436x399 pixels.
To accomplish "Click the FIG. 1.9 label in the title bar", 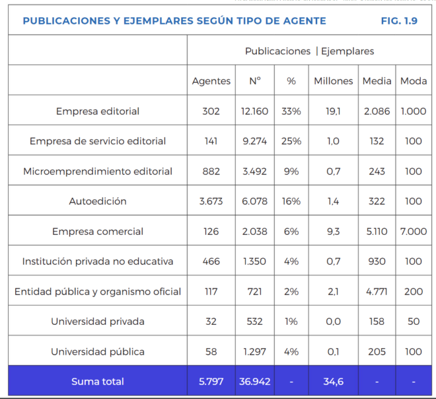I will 399,21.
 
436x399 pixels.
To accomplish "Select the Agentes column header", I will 211,81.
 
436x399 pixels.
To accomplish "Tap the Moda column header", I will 414,81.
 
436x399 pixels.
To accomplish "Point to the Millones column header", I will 334,81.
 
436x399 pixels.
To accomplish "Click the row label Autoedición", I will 98,201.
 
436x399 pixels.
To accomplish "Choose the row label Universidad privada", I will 98,322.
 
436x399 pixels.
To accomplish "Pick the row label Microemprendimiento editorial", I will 98,171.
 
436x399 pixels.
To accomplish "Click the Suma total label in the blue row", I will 98,381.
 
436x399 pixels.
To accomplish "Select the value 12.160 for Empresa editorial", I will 255,111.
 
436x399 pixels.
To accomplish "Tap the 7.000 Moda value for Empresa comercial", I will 414,232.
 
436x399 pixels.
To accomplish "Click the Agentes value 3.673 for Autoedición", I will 211,201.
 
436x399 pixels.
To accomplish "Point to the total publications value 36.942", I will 255,381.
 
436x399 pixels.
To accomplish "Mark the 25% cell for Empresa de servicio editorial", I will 291,141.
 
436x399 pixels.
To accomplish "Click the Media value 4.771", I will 377,291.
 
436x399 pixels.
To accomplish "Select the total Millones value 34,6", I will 334,381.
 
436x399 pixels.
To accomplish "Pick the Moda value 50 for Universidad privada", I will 414,322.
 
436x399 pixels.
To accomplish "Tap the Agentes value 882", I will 211,171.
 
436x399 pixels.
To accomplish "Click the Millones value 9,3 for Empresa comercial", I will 334,232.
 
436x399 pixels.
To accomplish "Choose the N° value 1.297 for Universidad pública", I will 255,351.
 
